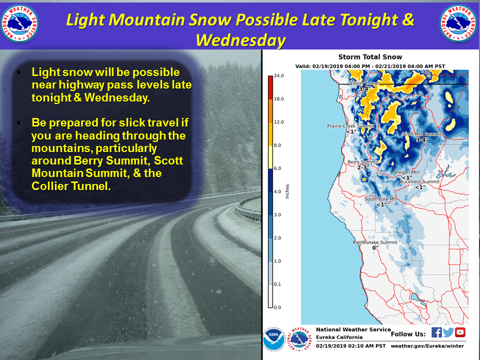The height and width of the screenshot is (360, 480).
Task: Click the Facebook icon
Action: (x=436, y=332)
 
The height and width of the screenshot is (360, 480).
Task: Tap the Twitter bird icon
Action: (x=448, y=332)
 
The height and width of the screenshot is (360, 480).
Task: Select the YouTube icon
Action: (x=460, y=332)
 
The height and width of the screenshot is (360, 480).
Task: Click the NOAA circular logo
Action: (x=274, y=339)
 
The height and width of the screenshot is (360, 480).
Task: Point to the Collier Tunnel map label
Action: (x=364, y=83)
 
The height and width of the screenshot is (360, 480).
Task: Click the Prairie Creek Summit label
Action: (x=350, y=126)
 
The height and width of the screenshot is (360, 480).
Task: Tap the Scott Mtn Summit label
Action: (x=422, y=134)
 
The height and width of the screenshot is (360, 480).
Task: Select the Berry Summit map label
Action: (x=363, y=162)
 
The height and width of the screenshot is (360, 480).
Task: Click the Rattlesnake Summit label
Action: (x=375, y=242)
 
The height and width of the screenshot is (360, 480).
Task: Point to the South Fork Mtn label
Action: (x=381, y=199)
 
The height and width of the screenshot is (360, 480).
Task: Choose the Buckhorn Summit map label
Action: (x=419, y=181)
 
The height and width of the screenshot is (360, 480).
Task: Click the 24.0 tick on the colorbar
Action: (x=278, y=75)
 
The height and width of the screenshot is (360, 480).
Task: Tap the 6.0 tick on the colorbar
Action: (x=277, y=168)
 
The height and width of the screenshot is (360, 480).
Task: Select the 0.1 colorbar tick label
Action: (x=277, y=284)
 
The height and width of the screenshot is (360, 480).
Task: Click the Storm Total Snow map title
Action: (x=370, y=57)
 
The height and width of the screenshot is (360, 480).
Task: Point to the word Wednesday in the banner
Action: (x=240, y=40)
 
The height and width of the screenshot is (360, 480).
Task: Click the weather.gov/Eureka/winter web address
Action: (x=427, y=346)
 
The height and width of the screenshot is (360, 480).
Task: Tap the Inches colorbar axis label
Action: (x=287, y=191)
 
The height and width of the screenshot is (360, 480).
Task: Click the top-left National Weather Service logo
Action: (x=19, y=23)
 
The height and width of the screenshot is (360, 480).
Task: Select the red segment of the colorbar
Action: (x=270, y=87)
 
